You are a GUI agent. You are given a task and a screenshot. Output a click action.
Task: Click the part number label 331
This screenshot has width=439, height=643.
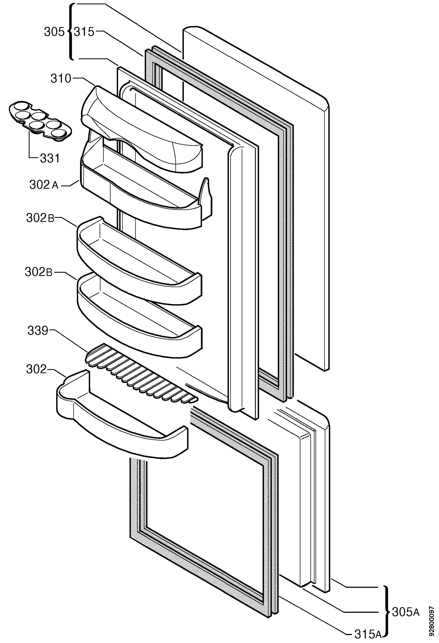tap(50, 158)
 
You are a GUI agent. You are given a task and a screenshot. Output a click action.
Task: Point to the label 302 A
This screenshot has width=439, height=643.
tap(44, 185)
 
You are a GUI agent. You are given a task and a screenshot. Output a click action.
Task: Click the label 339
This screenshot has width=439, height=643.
tap(38, 331)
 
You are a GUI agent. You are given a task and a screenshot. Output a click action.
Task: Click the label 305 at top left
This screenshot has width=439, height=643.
tap(54, 32)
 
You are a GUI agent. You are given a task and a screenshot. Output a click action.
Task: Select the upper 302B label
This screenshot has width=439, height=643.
tap(40, 218)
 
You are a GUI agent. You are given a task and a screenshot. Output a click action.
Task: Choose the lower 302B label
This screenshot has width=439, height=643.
tap(38, 272)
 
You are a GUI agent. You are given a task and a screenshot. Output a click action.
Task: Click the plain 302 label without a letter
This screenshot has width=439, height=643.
tap(37, 369)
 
